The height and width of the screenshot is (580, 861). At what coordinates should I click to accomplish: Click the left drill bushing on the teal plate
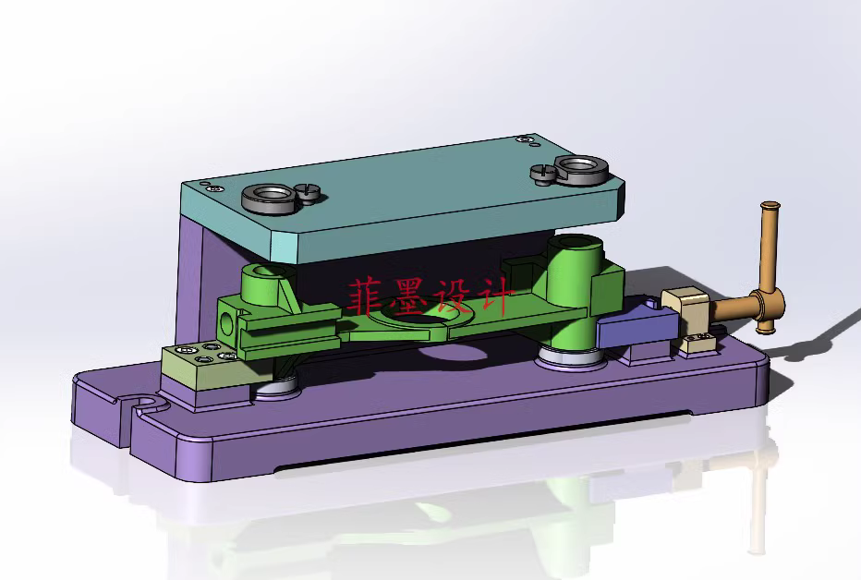267,198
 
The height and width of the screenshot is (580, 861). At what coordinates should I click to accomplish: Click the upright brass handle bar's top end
770,209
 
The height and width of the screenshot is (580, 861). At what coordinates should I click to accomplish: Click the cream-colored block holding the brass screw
685,305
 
